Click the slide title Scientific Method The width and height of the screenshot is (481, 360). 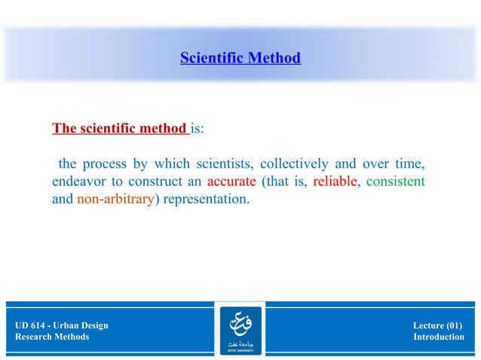(x=240, y=58)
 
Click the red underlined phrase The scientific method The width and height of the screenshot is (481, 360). (x=119, y=128)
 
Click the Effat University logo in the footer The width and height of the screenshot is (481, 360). (x=240, y=330)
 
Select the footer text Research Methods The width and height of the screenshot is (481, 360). (x=52, y=337)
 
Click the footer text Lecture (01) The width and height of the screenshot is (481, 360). (x=437, y=325)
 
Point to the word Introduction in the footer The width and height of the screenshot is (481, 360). (x=439, y=337)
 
